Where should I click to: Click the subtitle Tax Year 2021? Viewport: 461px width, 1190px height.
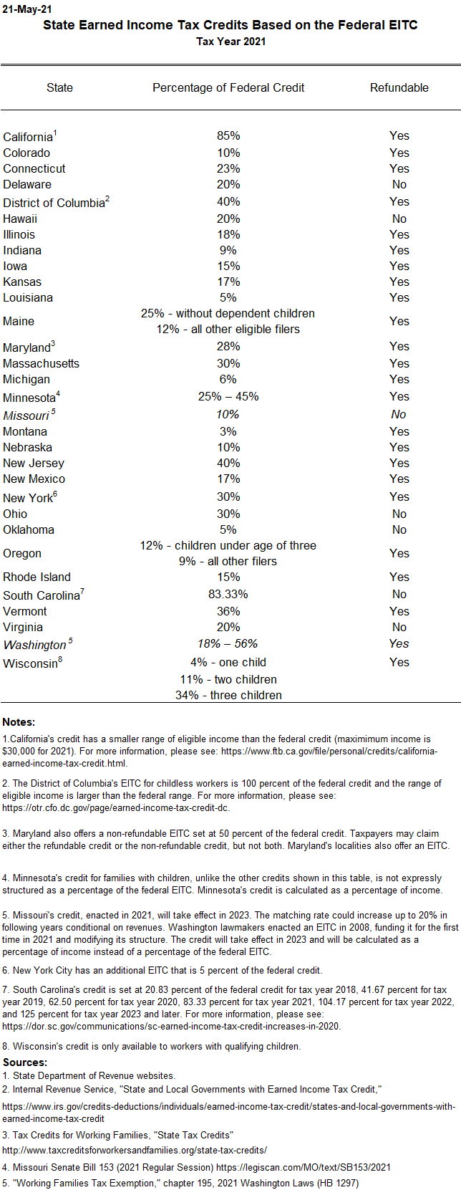click(x=230, y=42)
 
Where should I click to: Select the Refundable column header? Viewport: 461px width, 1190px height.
click(x=399, y=87)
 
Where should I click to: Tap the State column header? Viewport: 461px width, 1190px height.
click(x=59, y=87)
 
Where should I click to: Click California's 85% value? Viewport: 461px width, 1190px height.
click(x=228, y=135)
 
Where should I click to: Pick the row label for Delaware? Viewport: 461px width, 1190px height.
click(x=27, y=184)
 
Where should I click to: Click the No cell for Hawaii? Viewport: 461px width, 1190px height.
click(x=399, y=219)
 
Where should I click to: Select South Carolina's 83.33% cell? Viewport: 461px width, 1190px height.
click(x=228, y=594)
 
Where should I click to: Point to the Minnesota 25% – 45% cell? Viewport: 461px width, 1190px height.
click(x=228, y=396)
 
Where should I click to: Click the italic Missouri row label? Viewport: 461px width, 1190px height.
click(x=26, y=416)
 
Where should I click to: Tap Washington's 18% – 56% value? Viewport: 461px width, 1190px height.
click(x=228, y=643)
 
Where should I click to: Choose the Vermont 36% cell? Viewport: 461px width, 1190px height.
click(x=228, y=611)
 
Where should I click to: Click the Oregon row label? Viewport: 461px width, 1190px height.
click(x=22, y=553)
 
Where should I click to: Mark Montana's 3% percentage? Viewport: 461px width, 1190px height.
click(x=228, y=431)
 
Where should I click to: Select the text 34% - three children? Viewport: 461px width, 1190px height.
click(x=228, y=695)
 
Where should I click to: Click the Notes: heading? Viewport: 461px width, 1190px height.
click(x=19, y=721)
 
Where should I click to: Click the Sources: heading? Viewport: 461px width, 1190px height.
click(x=25, y=1062)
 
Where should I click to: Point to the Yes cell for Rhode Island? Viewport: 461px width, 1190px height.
click(x=399, y=577)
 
